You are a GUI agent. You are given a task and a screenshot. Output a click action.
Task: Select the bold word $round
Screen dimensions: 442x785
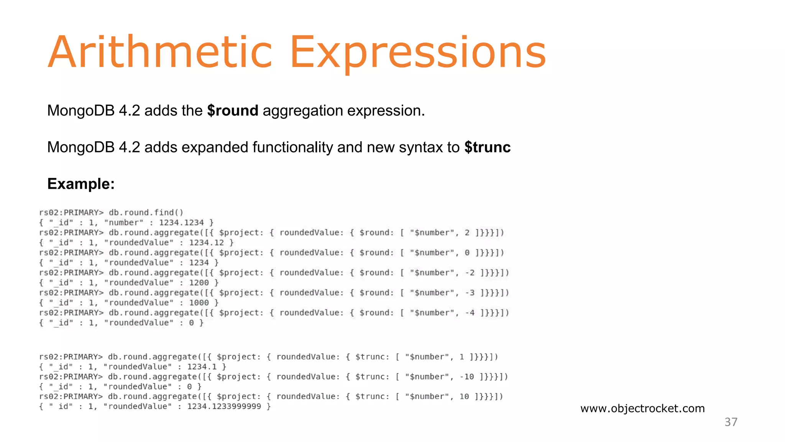[x=233, y=110]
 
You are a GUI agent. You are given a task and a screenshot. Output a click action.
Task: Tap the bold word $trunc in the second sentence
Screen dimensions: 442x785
[x=487, y=147]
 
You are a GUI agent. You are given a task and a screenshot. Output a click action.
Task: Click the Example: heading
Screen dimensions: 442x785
[x=81, y=184]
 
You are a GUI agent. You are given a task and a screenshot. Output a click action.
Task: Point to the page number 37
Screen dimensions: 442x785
[x=731, y=422]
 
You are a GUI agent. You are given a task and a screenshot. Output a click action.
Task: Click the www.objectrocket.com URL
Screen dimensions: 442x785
[x=642, y=408]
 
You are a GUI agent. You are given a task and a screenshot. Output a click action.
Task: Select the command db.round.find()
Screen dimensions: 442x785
[x=146, y=213]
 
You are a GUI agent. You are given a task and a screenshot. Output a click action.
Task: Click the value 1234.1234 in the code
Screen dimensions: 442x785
[x=181, y=223]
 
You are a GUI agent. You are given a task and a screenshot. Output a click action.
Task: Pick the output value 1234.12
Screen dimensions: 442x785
[x=206, y=242]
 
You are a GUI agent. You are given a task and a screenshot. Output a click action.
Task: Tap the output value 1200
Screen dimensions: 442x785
[x=199, y=283]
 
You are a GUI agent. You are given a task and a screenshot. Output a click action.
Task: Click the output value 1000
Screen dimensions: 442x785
[x=199, y=303]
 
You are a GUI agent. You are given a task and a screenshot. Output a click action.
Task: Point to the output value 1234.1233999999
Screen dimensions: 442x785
[x=224, y=406]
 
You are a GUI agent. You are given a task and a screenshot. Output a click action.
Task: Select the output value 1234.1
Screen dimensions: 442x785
[x=202, y=367]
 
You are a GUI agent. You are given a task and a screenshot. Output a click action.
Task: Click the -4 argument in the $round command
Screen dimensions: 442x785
[x=470, y=313]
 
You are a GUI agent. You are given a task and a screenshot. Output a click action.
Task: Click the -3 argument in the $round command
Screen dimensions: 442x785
[x=470, y=293]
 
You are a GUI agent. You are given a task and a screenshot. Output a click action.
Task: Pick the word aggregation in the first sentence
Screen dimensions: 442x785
[x=303, y=110]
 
